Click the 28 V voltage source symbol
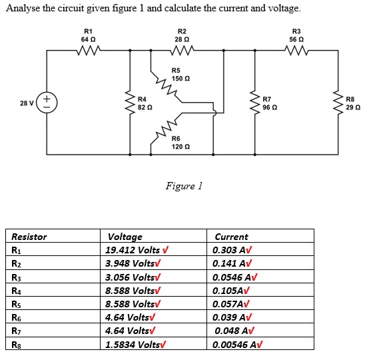[x=47, y=103]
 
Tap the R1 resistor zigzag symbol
[x=88, y=49]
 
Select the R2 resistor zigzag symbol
[x=182, y=49]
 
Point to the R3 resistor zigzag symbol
[x=296, y=49]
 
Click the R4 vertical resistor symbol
[x=130, y=103]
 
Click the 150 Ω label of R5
[x=181, y=79]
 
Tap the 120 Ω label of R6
[x=181, y=146]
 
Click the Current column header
[x=231, y=237]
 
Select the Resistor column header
[x=29, y=237]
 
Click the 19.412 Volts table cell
[x=137, y=250]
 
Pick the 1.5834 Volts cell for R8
[x=137, y=345]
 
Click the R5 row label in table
[x=18, y=304]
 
